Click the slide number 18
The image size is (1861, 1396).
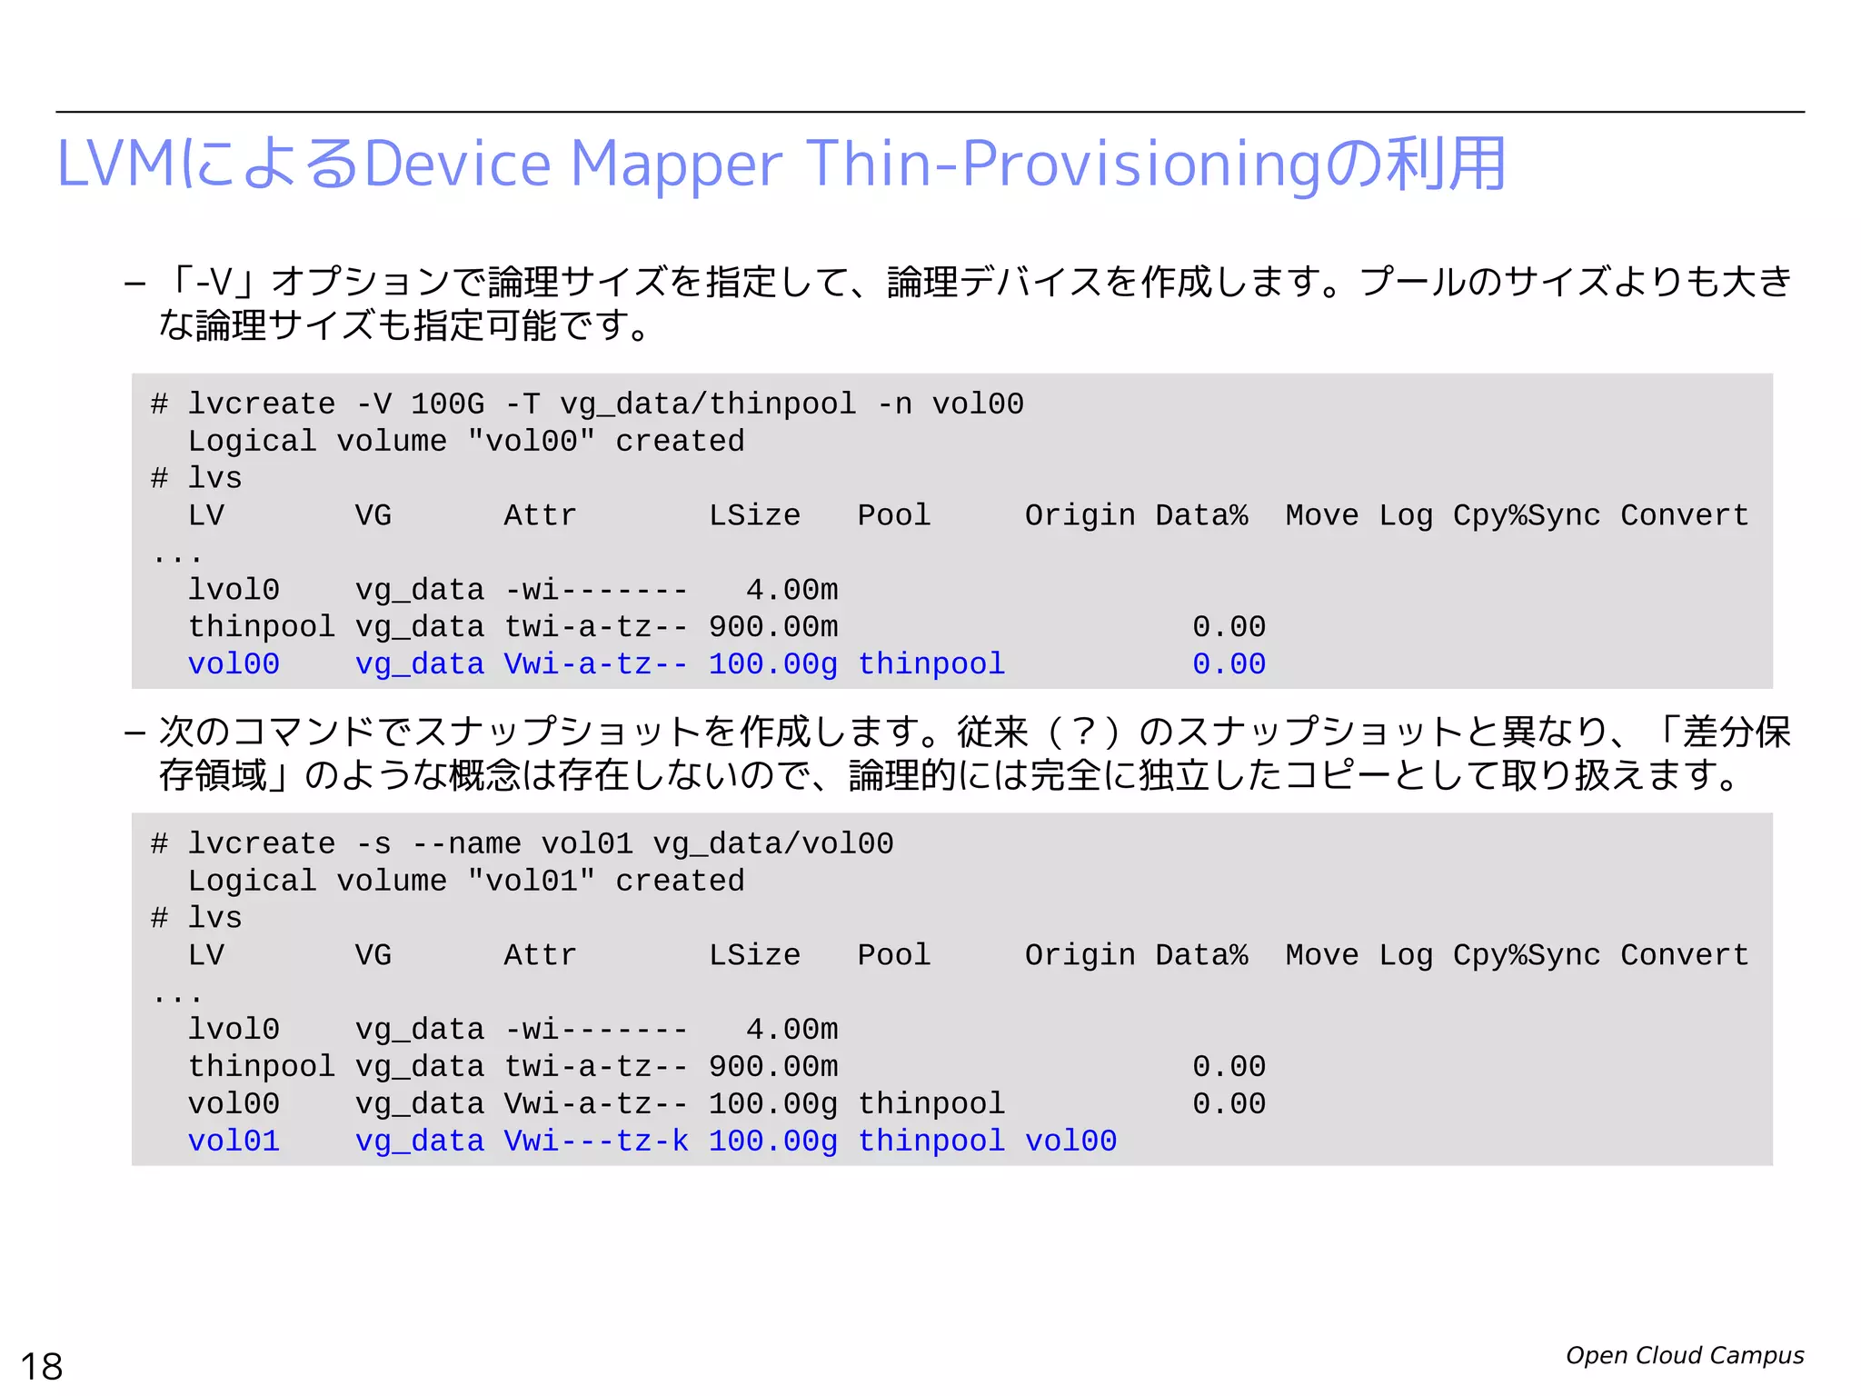point(42,1366)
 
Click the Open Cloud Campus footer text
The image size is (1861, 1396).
point(1684,1355)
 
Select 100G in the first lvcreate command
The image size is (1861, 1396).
point(447,404)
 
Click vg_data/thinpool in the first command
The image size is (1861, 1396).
point(708,404)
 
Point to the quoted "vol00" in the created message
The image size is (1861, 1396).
point(531,441)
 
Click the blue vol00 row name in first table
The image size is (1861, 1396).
point(234,664)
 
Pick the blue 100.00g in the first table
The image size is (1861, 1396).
point(772,664)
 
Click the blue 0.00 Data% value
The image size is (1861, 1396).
point(1229,664)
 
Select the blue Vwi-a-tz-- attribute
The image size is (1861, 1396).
point(595,664)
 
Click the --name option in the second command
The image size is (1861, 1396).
point(466,843)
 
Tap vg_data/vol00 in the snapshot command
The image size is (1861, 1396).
point(773,843)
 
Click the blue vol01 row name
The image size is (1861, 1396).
point(234,1141)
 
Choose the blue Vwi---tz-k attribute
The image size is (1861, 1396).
point(595,1141)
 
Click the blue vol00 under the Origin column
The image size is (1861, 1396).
point(1070,1141)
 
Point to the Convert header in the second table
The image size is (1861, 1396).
point(1684,955)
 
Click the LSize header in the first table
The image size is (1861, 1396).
point(754,515)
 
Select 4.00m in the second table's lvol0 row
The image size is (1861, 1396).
point(791,1030)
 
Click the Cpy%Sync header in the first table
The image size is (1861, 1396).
point(1526,515)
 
